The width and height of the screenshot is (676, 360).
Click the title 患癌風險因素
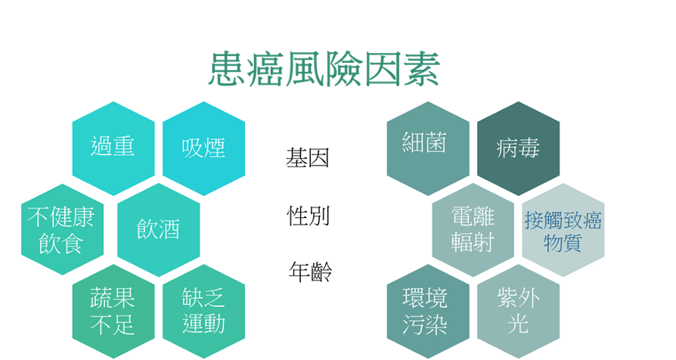click(324, 70)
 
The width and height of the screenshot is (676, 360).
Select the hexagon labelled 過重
click(113, 146)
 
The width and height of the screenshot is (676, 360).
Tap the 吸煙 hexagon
click(203, 146)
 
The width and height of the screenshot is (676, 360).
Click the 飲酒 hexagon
click(158, 228)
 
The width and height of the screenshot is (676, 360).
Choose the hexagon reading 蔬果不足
click(113, 310)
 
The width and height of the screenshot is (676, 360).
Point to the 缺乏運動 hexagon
click(203, 310)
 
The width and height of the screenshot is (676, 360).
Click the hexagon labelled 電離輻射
click(473, 228)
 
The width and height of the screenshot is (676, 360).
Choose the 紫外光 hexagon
click(518, 310)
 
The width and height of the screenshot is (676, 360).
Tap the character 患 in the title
click(228, 70)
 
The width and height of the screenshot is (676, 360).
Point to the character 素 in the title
click(420, 70)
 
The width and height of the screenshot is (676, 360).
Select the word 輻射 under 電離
click(473, 242)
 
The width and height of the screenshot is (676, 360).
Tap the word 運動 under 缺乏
click(203, 324)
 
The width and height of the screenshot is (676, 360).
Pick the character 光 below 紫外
click(518, 324)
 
